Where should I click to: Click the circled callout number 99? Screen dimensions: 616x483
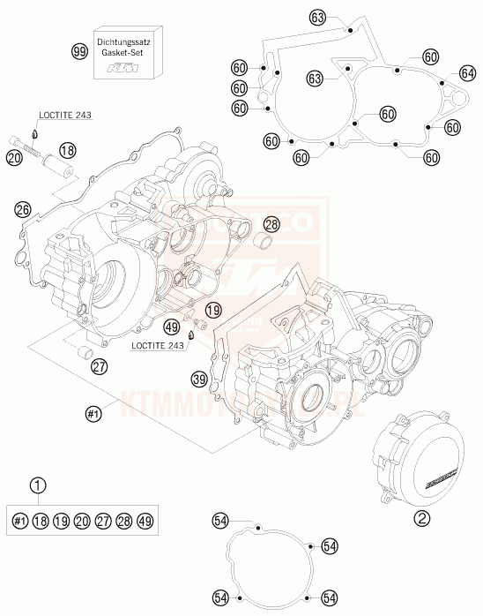point(79,52)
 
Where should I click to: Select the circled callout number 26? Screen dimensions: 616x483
point(23,209)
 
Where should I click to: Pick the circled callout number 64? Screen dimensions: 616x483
point(467,74)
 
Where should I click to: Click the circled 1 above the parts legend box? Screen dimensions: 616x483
point(36,485)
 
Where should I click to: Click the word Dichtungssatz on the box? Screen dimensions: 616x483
point(122,42)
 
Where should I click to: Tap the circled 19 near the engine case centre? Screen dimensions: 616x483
point(212,310)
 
